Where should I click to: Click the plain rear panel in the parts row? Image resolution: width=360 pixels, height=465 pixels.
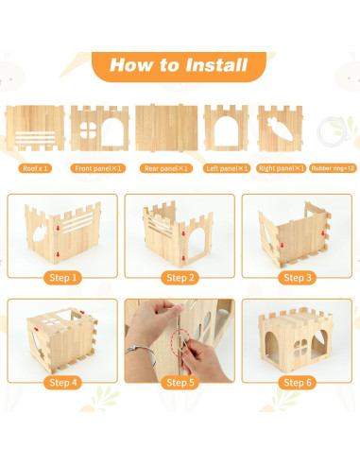pos(165,128)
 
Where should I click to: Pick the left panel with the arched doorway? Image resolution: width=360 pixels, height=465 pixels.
pos(227,128)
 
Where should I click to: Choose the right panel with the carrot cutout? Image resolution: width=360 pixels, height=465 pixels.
pos(283,128)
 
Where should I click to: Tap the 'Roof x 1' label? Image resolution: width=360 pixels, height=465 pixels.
pos(38,168)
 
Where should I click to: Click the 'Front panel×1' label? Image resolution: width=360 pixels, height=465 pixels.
pos(99,168)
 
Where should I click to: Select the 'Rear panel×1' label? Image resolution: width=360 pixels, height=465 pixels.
pos(165,168)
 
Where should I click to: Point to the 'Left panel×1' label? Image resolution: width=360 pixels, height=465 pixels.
pos(227,168)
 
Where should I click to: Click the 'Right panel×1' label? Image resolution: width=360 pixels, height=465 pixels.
pos(283,168)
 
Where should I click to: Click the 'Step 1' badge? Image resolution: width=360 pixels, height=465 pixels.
pos(61,278)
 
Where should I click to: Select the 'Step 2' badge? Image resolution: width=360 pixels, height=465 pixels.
pos(179,278)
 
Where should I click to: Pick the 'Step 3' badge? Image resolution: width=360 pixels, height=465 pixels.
pos(296,278)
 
